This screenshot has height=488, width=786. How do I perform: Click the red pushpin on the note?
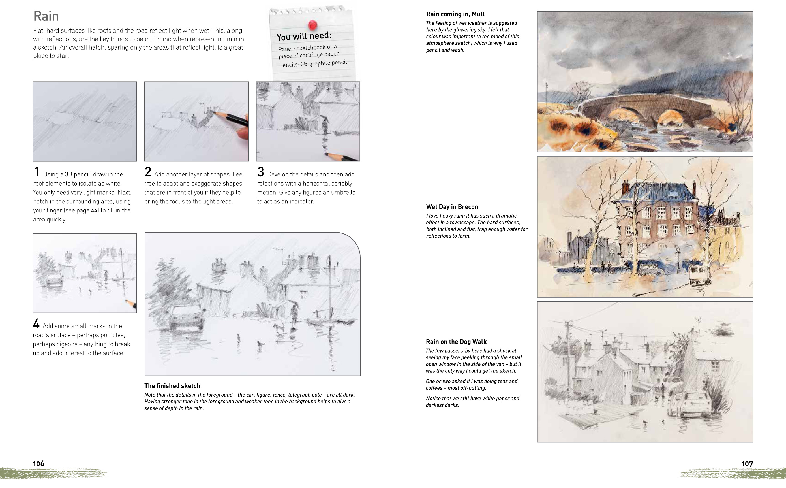coord(312,25)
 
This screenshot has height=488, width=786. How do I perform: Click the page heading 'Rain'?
coord(46,16)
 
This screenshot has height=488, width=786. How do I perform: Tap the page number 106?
coord(38,463)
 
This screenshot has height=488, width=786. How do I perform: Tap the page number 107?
coord(747,464)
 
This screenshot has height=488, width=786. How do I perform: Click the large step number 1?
coord(37,172)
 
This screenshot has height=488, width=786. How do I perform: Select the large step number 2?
coord(148,172)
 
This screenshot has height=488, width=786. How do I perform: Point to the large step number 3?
coord(260,172)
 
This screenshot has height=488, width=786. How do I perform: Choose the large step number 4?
coord(36,324)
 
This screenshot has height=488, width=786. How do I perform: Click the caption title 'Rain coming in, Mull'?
coord(455,14)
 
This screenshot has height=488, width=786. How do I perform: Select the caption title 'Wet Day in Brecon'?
coord(452,207)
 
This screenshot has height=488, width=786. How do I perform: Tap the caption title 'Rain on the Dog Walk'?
coord(456,342)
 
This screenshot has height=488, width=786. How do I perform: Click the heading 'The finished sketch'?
coord(172,386)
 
